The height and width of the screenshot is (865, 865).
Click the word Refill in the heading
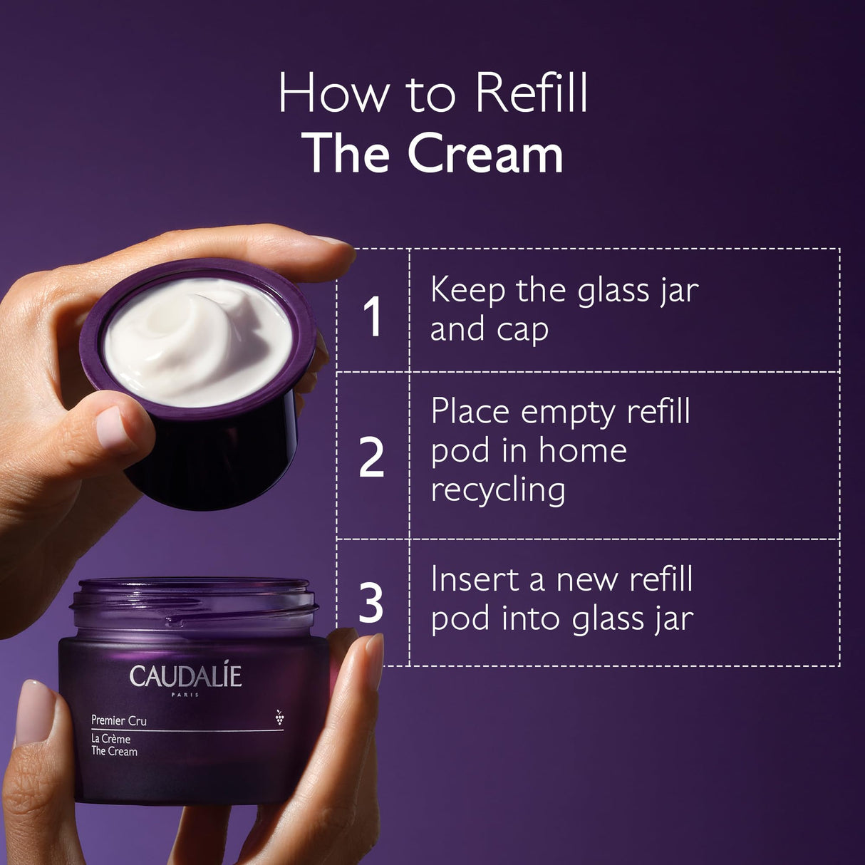point(532,93)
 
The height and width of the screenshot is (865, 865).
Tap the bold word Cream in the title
point(485,154)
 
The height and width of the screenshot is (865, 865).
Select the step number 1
point(373,316)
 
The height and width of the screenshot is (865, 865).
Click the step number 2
point(371,457)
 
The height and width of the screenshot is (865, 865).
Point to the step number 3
point(371,603)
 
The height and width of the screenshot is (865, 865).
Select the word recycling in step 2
point(497,491)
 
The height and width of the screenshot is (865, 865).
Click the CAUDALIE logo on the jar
point(185,676)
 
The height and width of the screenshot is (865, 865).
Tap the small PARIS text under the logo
point(185,695)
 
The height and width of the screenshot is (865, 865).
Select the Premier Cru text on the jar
point(119,720)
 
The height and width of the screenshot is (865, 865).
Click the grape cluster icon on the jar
point(279,718)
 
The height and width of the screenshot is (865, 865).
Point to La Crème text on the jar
point(110,739)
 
